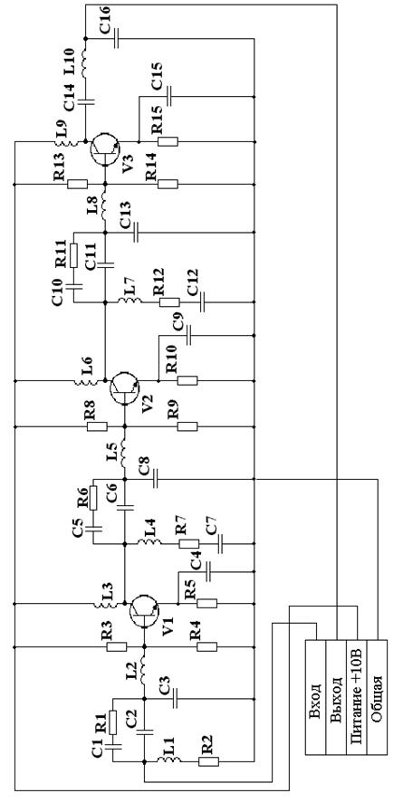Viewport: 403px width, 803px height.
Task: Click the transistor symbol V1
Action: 144,611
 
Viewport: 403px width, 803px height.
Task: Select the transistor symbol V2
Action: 124,388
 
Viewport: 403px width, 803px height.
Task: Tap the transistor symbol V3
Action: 105,148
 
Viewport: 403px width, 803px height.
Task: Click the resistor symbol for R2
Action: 209,761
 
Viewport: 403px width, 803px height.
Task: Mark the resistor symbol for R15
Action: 168,141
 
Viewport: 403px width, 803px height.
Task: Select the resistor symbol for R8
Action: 97,426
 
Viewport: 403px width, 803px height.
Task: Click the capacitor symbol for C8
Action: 156,479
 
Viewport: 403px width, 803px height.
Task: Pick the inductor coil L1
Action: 167,760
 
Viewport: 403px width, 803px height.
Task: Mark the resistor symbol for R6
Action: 93,498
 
